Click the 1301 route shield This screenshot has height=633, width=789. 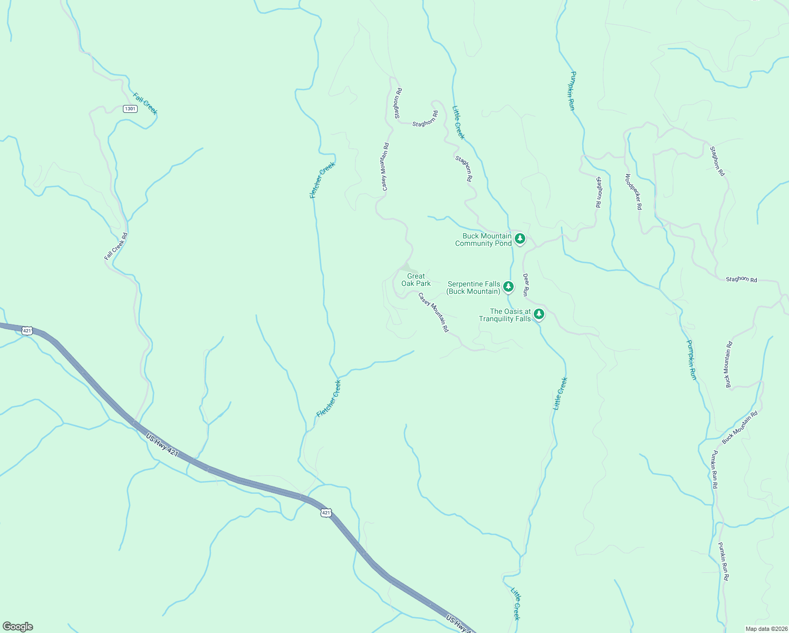point(130,109)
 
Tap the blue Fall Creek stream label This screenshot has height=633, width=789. point(145,103)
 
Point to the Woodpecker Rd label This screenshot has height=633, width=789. point(633,191)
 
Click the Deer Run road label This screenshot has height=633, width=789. point(525,284)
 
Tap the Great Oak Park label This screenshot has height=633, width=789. point(416,280)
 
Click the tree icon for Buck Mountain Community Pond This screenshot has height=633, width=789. point(520,239)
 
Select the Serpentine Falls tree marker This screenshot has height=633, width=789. point(508,286)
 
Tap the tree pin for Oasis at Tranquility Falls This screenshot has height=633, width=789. point(538,314)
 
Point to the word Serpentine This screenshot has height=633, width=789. point(466,284)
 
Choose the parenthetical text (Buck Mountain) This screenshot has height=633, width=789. point(473,292)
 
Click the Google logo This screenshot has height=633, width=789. point(18,627)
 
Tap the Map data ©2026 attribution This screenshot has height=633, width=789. point(766,629)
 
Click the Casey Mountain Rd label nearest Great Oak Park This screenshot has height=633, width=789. point(434,312)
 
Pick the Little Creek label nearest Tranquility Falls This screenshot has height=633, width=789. point(560,394)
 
